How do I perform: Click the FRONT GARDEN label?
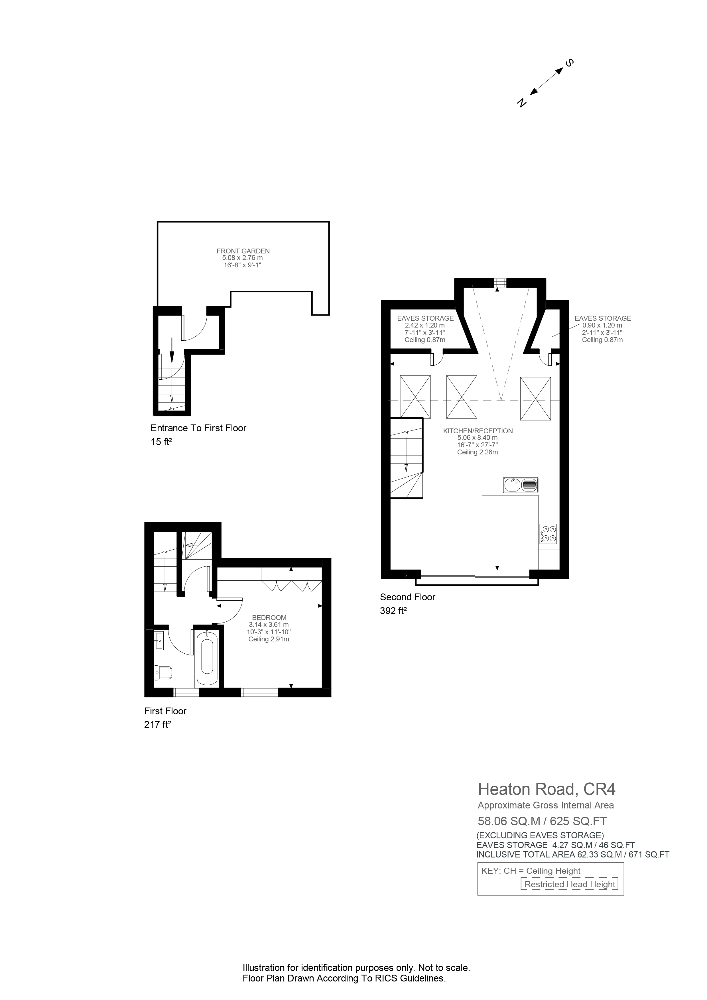coord(243,251)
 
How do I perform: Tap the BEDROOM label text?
coord(269,618)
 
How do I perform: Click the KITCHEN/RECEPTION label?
coord(478,431)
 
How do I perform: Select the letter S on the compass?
coord(569,63)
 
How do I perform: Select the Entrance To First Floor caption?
coord(198,428)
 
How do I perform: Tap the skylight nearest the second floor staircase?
coord(415,397)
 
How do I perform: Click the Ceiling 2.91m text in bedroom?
coord(269,639)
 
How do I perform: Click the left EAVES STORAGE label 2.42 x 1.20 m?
coord(425,325)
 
